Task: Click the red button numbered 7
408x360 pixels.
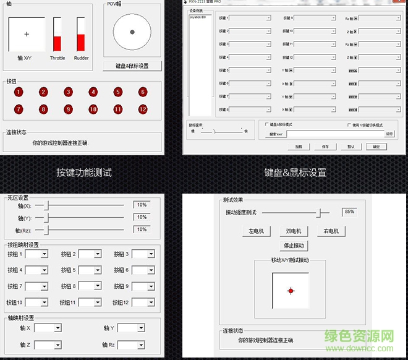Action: pos(19,109)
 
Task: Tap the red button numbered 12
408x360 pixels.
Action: pos(143,109)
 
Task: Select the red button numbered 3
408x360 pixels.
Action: pos(68,92)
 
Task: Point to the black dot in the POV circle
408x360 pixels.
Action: pos(132,32)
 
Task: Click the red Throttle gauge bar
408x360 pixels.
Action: pos(57,43)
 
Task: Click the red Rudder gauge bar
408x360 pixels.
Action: pos(80,42)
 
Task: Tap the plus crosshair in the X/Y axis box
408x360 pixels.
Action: pos(27,34)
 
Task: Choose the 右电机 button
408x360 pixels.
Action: pos(330,231)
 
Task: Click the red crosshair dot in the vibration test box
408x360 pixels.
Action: pos(290,290)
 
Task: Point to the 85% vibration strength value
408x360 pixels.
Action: pos(349,212)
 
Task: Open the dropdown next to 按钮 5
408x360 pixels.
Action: pos(89,270)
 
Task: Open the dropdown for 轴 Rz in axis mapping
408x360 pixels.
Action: pos(131,345)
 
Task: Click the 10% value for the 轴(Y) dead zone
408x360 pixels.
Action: pos(141,217)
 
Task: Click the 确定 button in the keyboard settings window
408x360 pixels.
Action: pos(376,147)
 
